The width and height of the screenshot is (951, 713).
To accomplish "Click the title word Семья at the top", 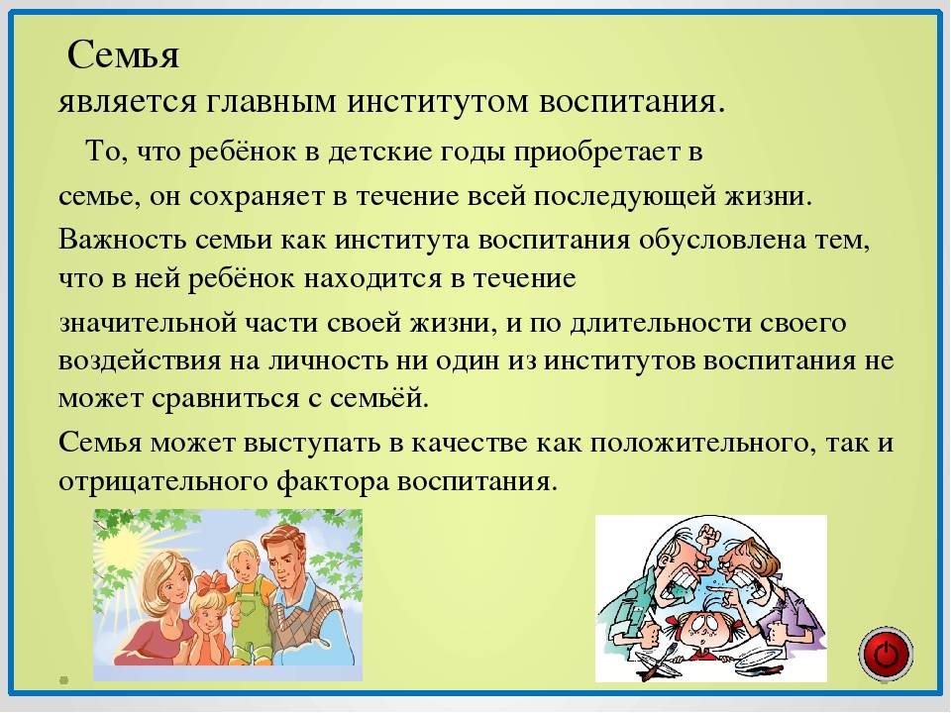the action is [x=123, y=55].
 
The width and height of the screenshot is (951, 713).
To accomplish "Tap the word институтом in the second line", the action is [x=438, y=102].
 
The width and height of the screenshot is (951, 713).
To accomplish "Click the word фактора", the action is [x=333, y=481].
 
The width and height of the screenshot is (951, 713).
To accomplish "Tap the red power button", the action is [x=886, y=655].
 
